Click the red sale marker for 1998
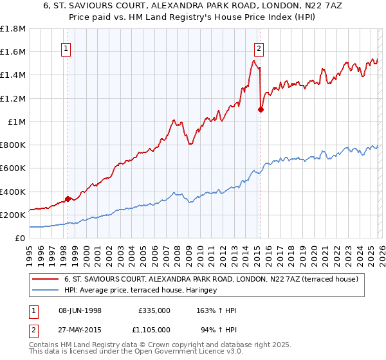click(x=68, y=199)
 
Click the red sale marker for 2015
click(x=261, y=109)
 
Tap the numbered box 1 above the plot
click(x=68, y=47)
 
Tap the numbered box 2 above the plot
click(x=259, y=47)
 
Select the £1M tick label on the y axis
click(x=17, y=122)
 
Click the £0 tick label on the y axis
click(x=20, y=238)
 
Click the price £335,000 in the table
click(x=154, y=310)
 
